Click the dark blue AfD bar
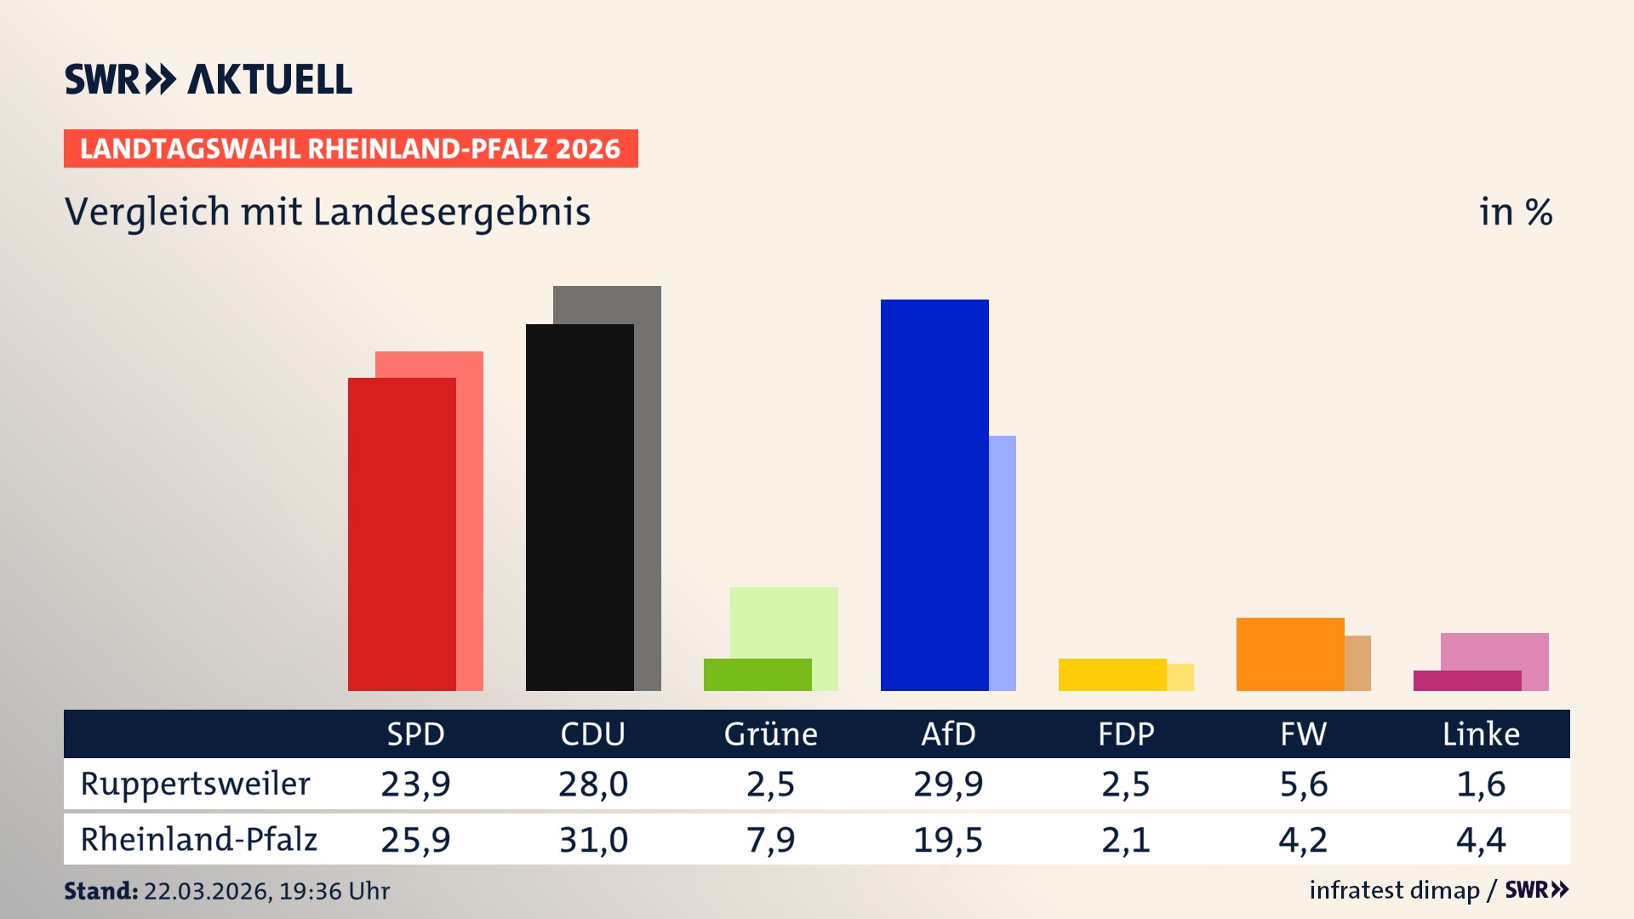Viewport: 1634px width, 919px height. pyautogui.click(x=934, y=494)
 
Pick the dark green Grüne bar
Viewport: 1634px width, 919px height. pyautogui.click(x=757, y=674)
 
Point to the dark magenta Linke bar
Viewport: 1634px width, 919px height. pyautogui.click(x=1467, y=681)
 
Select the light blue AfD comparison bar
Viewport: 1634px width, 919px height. pyautogui.click(x=1003, y=562)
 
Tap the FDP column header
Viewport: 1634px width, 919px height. pyautogui.click(x=1126, y=733)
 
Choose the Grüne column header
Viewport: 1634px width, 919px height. pyautogui.click(x=770, y=733)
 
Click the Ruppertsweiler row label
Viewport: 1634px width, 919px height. pyautogui.click(x=195, y=784)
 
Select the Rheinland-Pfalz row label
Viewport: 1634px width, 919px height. pyautogui.click(x=198, y=839)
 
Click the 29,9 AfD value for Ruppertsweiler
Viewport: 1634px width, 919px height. pyautogui.click(x=948, y=784)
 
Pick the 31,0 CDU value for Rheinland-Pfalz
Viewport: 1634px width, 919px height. pyautogui.click(x=593, y=840)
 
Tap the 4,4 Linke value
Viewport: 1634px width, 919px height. pyautogui.click(x=1481, y=840)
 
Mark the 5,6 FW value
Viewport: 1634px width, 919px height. pyautogui.click(x=1303, y=784)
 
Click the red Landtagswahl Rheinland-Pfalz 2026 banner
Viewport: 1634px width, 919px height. pyautogui.click(x=351, y=148)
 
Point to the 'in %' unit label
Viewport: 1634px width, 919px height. pyautogui.click(x=1515, y=212)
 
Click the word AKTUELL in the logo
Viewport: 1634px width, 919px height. pyautogui.click(x=269, y=79)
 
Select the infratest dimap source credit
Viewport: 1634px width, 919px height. pyautogui.click(x=1394, y=890)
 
